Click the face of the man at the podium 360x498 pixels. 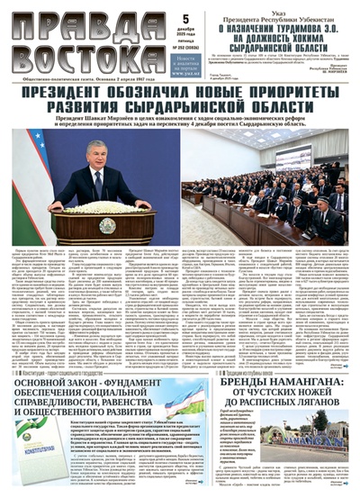coord(97,153)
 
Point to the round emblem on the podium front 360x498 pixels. coord(106,223)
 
